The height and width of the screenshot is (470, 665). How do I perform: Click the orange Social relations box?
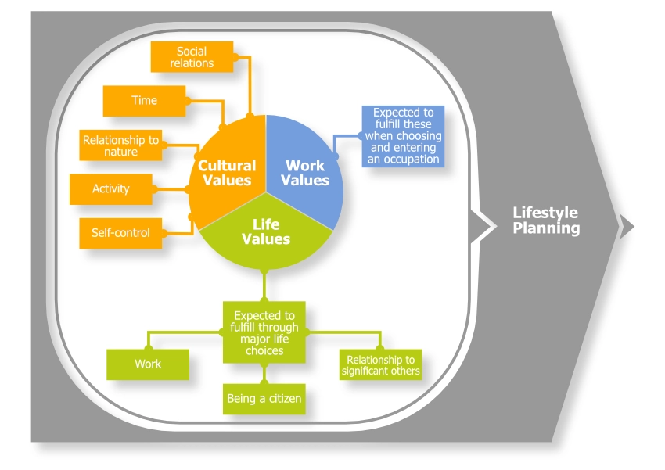[x=192, y=57]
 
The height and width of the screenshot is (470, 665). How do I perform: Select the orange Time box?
[x=145, y=101]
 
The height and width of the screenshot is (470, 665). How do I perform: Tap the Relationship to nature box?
[x=121, y=146]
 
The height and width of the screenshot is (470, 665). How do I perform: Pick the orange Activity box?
[x=111, y=189]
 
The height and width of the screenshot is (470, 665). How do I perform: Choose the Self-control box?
[x=121, y=233]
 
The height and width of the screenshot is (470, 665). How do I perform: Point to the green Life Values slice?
[x=266, y=233]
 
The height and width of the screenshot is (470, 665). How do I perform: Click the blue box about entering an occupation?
[x=402, y=136]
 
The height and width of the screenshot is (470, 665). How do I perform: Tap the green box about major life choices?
[x=264, y=332]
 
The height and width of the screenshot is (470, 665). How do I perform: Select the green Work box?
[x=148, y=364]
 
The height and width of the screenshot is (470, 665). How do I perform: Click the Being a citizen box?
[x=264, y=399]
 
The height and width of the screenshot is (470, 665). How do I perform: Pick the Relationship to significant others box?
[x=380, y=365]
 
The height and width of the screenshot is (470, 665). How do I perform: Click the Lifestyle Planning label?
[x=546, y=221]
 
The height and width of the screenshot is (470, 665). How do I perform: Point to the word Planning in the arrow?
[x=546, y=229]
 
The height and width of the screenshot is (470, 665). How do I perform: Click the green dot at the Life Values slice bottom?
[x=264, y=271]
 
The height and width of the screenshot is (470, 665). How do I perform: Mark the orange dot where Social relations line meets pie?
[x=250, y=116]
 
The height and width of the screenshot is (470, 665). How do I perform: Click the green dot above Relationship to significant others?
[x=380, y=348]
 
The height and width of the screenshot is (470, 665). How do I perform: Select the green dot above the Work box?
[x=147, y=348]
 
